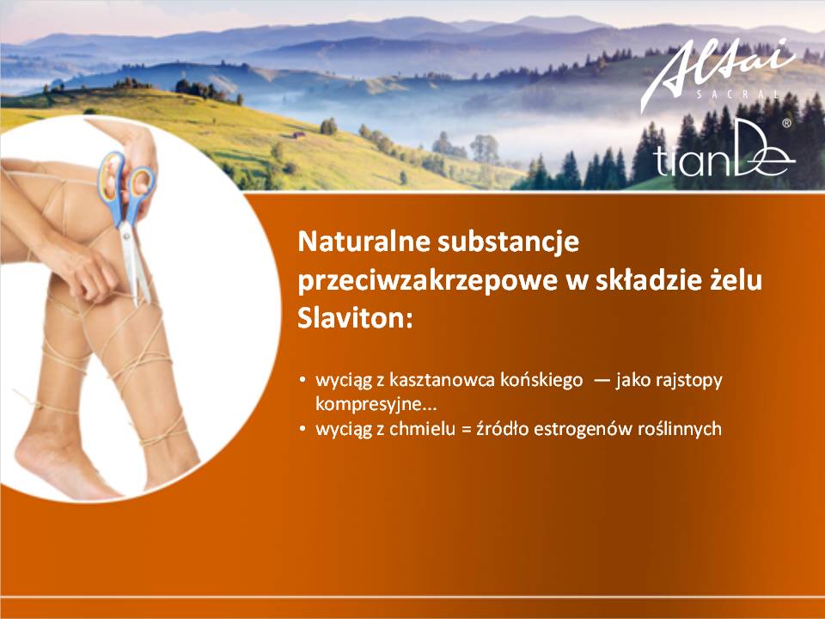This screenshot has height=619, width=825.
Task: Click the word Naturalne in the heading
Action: click(x=363, y=242)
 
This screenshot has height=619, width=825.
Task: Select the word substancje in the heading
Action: click(x=508, y=242)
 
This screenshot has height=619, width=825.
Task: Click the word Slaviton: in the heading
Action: click(x=355, y=319)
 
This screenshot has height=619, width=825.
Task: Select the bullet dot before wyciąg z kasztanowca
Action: click(x=302, y=380)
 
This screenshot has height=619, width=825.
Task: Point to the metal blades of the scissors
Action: click(x=135, y=264)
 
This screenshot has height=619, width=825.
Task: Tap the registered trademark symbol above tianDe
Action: click(x=786, y=123)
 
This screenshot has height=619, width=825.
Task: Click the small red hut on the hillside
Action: click(x=299, y=135)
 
